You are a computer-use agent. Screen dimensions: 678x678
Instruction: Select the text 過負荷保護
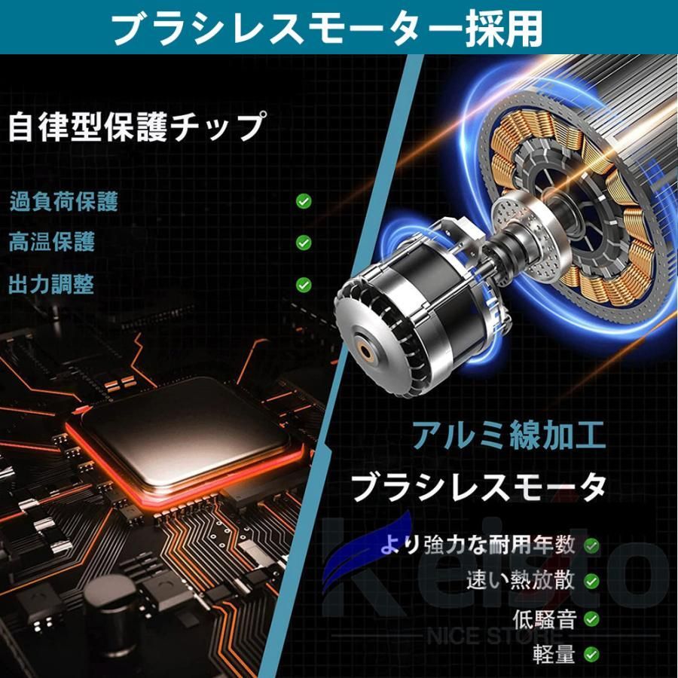pos(63,201)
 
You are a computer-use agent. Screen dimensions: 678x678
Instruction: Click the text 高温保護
pos(51,242)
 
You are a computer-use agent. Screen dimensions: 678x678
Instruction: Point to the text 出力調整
pos(51,284)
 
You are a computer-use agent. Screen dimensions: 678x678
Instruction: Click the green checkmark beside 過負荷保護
pos(304,201)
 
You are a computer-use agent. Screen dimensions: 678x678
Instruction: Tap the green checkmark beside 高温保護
pos(304,243)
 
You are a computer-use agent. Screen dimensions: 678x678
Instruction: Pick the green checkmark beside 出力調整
pos(304,285)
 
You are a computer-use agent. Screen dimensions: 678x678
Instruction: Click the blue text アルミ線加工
pos(508,436)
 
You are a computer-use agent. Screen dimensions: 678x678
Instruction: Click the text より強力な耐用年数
pos(478,545)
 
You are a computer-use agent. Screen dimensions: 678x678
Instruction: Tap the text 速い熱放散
pos(521,580)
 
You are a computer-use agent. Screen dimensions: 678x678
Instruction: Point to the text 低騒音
pos(544,619)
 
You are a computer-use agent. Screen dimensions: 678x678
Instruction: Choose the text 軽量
pos(554,654)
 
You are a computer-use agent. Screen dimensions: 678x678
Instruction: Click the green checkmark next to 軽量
pos(591,654)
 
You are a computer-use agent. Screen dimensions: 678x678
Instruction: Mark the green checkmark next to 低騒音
pos(591,619)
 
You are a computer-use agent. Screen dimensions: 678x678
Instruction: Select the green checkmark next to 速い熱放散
pos(591,581)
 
